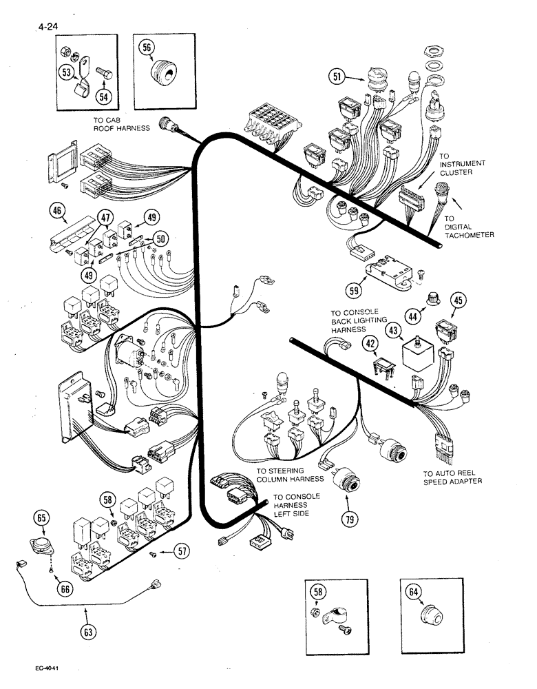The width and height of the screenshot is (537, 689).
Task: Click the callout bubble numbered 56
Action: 147,47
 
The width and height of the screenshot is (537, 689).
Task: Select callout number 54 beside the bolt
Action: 103,97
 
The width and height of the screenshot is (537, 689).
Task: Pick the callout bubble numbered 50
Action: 160,238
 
